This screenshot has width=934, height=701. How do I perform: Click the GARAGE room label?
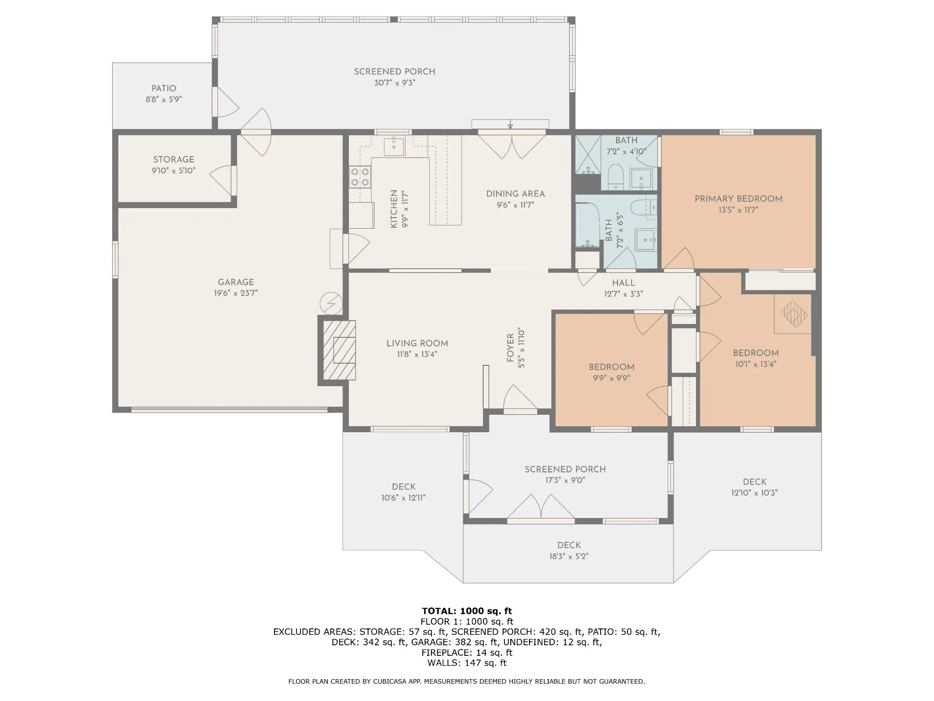coord(236,282)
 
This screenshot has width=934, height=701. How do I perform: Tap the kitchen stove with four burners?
coord(360,177)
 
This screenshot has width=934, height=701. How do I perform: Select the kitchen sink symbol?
coord(393,146)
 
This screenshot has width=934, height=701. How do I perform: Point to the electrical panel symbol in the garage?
coord(331,303)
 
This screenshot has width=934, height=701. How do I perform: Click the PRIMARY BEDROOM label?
coord(738,199)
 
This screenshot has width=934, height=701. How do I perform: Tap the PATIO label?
coord(164,88)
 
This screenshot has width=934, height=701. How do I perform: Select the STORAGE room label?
coord(174,159)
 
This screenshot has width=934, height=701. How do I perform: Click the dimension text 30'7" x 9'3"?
coord(394,83)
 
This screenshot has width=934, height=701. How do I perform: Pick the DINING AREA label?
coord(515,194)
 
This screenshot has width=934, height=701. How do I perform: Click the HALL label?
coord(623,283)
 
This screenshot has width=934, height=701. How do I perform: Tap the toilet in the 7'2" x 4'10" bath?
coord(616,177)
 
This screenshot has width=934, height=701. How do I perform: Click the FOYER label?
coord(510,348)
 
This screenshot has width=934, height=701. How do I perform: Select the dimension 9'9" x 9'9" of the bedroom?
coord(611,378)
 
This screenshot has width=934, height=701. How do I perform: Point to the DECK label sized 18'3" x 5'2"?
coord(569,545)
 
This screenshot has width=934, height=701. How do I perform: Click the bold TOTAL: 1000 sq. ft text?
coord(467,611)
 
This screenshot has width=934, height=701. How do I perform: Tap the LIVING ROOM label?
coord(417,343)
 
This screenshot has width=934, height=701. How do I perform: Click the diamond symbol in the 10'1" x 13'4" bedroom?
coord(794,314)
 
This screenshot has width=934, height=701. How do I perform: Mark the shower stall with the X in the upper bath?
coord(588,155)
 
